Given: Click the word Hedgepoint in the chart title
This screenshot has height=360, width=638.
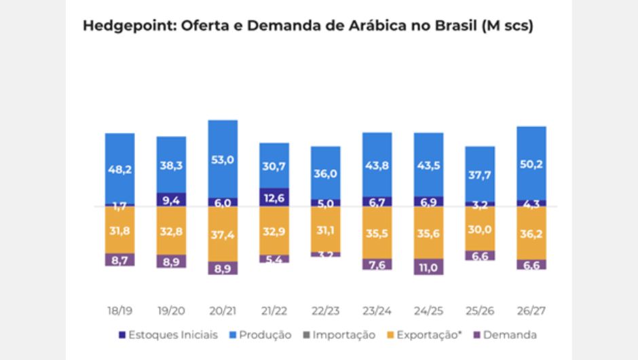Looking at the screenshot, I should (x=123, y=26).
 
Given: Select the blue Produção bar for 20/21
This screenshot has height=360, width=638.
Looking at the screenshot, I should (x=223, y=159).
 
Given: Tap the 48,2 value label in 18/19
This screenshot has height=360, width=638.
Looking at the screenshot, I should (x=119, y=169).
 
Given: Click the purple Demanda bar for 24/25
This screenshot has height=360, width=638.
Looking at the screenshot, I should (x=428, y=266).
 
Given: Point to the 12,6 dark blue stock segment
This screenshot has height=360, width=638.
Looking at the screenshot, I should (x=274, y=198).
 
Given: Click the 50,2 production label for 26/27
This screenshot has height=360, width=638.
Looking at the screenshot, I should (x=531, y=164).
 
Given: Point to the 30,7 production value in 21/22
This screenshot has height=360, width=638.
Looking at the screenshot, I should (x=274, y=166).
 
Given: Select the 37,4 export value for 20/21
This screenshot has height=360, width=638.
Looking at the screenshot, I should (x=223, y=234).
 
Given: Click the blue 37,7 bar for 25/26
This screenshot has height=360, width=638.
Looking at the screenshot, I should (x=480, y=174).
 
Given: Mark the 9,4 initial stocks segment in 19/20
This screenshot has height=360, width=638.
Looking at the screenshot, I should (x=171, y=200).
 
